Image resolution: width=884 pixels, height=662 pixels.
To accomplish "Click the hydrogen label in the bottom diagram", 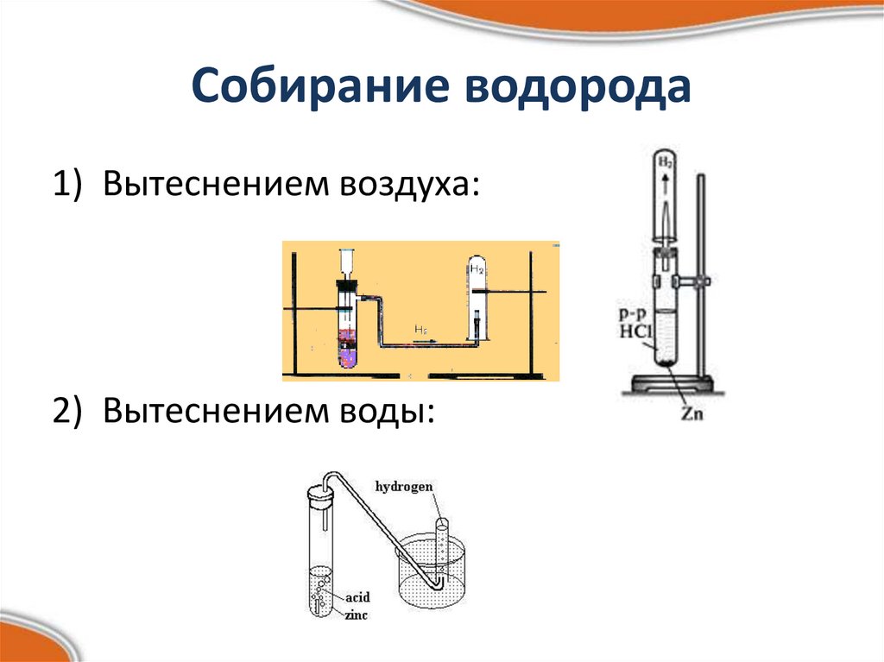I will (403, 487).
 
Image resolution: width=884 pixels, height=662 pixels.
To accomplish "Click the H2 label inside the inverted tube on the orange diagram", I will (477, 269).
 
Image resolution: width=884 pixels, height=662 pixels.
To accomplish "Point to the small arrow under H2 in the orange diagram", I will (423, 342).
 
